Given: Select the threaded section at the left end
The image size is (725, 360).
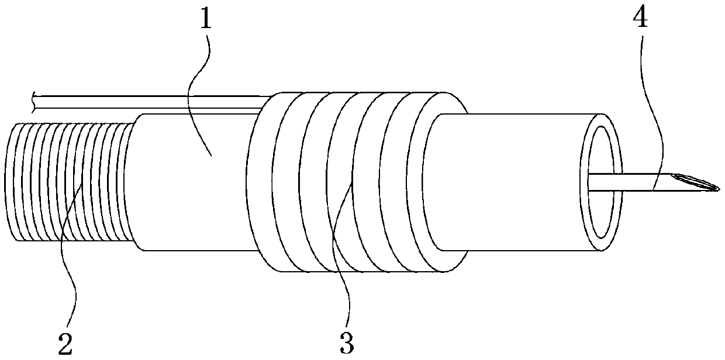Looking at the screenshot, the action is click(x=64, y=181).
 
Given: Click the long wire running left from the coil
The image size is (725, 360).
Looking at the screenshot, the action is click(x=146, y=102).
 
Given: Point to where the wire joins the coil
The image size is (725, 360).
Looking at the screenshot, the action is click(x=266, y=103).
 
